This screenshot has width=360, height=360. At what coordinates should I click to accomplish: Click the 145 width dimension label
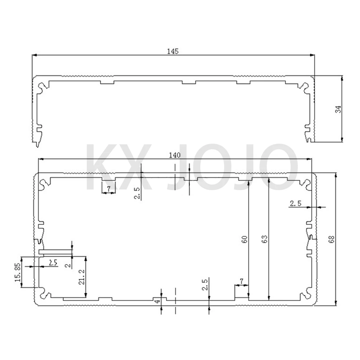pos(173,51)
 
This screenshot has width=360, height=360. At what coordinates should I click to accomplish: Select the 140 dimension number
pos(175,155)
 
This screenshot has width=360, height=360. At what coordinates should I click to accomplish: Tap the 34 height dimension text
pos(338,109)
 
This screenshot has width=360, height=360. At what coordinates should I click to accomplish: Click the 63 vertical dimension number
pos(264,240)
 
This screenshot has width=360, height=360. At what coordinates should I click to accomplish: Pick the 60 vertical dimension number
pos(244,240)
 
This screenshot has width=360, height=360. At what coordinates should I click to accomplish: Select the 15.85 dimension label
pos(18,273)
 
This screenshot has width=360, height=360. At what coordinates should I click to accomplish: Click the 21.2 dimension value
pos(81,277)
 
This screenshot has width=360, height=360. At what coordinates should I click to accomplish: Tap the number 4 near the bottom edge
pos(157,301)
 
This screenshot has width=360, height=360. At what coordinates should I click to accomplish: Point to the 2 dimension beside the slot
pos(68,265)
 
